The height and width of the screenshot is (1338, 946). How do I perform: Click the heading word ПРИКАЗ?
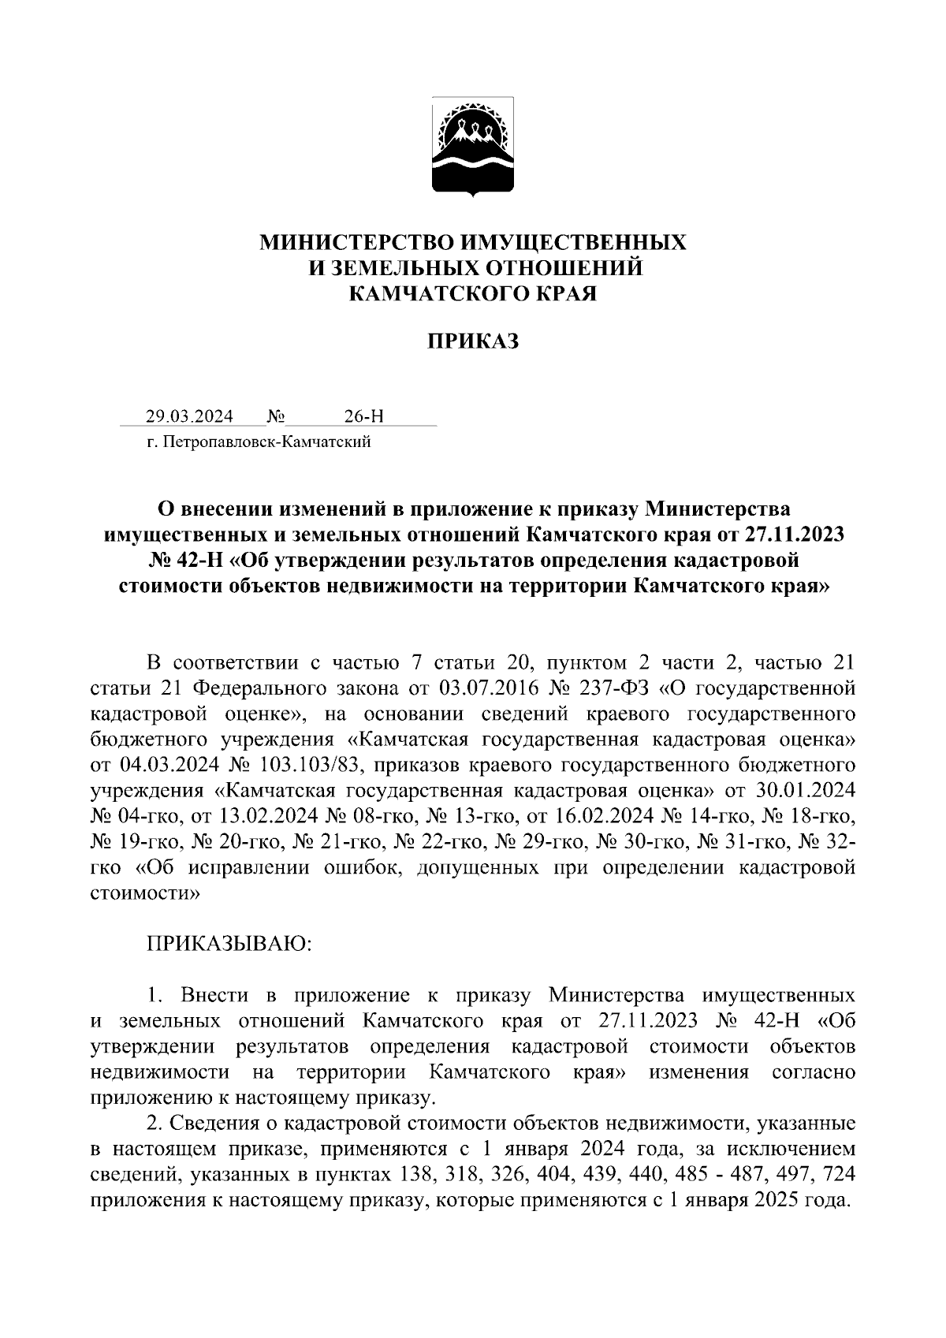pos(473,341)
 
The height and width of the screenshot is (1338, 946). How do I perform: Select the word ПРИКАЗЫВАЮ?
pos(229,944)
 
